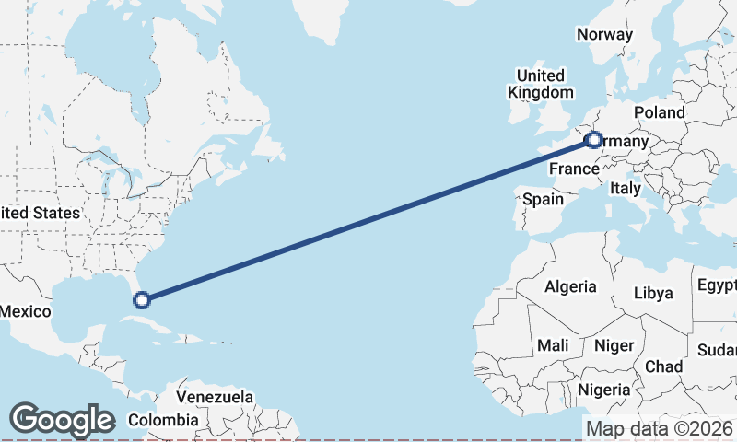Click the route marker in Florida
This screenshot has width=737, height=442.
pyautogui.click(x=141, y=299)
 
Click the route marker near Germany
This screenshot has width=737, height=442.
pyautogui.click(x=593, y=141)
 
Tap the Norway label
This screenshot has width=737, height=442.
pyautogui.click(x=604, y=35)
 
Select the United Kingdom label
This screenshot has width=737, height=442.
pyautogui.click(x=541, y=84)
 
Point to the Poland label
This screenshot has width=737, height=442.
pyautogui.click(x=660, y=112)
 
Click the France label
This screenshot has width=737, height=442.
pyautogui.click(x=574, y=169)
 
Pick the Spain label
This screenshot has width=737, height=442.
pyautogui.click(x=543, y=199)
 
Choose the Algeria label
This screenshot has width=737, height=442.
pyautogui.click(x=570, y=287)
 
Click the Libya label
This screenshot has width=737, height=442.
pyautogui.click(x=654, y=294)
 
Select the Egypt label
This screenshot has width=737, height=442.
pyautogui.click(x=717, y=284)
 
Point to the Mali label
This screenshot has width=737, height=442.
pyautogui.click(x=553, y=345)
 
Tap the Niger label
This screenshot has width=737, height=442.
pyautogui.click(x=615, y=345)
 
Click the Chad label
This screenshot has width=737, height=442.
pyautogui.click(x=663, y=366)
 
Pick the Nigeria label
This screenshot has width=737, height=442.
pyautogui.click(x=604, y=390)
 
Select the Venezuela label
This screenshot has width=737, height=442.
pyautogui.click(x=215, y=397)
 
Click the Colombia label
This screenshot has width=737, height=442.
pyautogui.click(x=163, y=420)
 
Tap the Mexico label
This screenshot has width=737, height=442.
pyautogui.click(x=25, y=311)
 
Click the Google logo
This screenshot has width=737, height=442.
pyautogui.click(x=62, y=420)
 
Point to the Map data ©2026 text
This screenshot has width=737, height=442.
pyautogui.click(x=659, y=428)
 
